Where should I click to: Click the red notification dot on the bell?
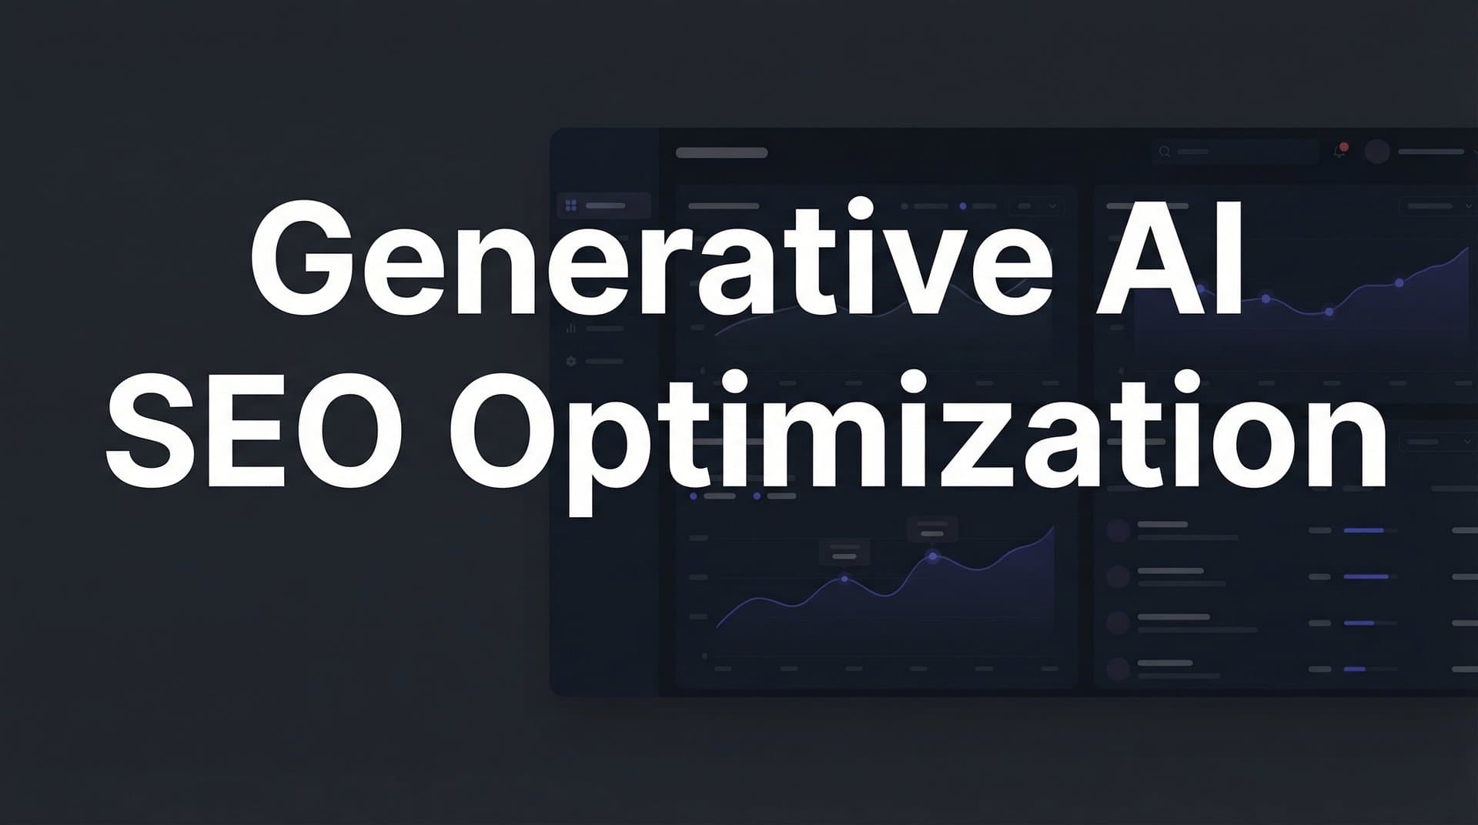pyautogui.click(x=1344, y=146)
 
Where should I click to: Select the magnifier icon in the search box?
pyautogui.click(x=1165, y=152)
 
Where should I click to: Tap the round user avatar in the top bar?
pyautogui.click(x=1377, y=151)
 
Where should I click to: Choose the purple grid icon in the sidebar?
pyautogui.click(x=571, y=205)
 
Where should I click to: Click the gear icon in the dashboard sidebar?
pyautogui.click(x=571, y=361)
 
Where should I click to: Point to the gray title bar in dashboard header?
pyautogui.click(x=721, y=152)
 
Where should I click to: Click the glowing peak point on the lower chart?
pyautogui.click(x=933, y=556)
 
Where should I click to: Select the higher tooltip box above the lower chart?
pyautogui.click(x=932, y=529)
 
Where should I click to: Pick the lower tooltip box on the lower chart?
pyautogui.click(x=844, y=552)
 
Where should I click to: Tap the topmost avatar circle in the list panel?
pyautogui.click(x=1118, y=529)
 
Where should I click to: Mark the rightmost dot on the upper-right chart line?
pyautogui.click(x=1399, y=283)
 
